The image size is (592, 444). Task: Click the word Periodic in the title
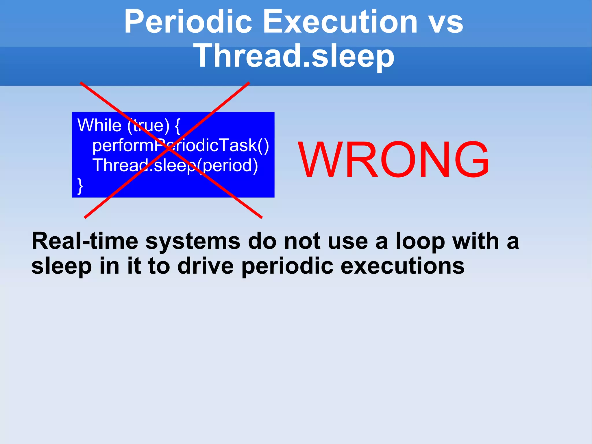(x=188, y=22)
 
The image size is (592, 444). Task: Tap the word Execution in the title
(x=340, y=22)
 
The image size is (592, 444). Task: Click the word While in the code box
(x=99, y=126)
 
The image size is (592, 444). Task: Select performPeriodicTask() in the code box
(x=180, y=145)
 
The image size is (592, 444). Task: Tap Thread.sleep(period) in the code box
(x=175, y=165)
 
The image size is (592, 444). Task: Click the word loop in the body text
(x=420, y=242)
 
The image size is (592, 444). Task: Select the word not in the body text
(x=302, y=242)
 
